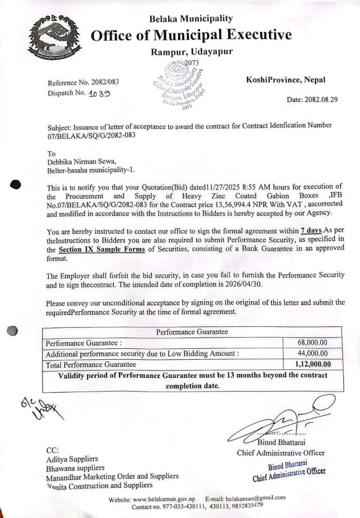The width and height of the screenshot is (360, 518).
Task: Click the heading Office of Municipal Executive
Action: click(191, 35)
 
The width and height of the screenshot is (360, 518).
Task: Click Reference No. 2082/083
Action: click(84, 83)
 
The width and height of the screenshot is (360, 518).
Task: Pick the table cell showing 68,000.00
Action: click(312, 343)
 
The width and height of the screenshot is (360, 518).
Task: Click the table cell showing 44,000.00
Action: click(312, 353)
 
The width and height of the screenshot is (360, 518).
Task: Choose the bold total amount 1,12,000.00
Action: click(312, 364)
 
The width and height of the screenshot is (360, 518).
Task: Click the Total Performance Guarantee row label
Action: click(91, 364)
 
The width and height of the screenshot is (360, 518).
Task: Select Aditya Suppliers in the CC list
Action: click(72, 458)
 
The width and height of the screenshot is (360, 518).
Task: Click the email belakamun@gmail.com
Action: click(253, 498)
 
